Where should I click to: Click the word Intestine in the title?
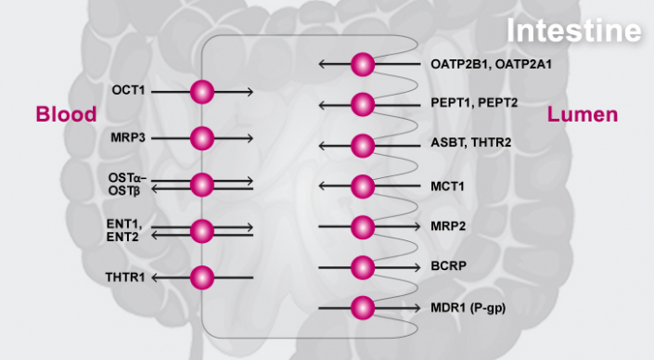pos(574,30)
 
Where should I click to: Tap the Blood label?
pos(66,115)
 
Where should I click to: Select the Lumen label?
pos(583,115)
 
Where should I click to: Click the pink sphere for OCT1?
pos(202,91)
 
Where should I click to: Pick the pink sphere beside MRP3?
pos(202,138)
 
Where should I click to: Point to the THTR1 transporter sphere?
pos(202,276)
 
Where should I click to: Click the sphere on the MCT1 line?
pos(363,186)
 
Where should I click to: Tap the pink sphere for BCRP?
pos(363,267)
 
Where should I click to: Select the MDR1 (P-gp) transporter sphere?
pos(363,307)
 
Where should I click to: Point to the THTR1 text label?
pos(124,276)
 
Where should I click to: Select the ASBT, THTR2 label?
pos(470,145)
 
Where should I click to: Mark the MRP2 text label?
pos(448,226)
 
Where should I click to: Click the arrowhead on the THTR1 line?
pos(155,276)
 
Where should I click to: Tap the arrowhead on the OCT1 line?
pos(250,91)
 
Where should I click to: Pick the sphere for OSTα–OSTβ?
pos(202,184)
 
